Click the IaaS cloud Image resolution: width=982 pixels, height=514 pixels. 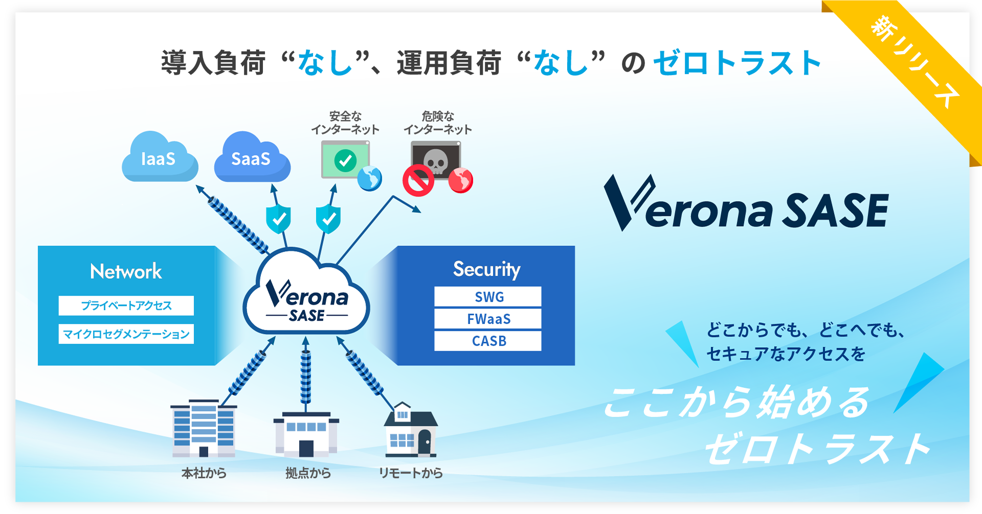(x=159, y=158)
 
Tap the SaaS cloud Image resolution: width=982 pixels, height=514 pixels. (x=251, y=158)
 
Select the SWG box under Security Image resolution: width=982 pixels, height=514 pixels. (x=488, y=297)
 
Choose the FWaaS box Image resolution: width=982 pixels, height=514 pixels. (x=488, y=319)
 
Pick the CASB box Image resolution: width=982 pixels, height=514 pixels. (x=488, y=341)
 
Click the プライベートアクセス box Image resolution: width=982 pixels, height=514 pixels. (x=126, y=305)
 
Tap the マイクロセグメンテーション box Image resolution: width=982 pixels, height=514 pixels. (x=126, y=334)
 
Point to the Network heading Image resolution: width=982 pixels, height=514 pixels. (x=126, y=271)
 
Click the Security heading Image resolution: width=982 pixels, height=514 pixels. (x=486, y=269)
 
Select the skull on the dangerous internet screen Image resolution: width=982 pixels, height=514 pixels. (x=436, y=160)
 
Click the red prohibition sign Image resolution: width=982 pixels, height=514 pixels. (x=418, y=180)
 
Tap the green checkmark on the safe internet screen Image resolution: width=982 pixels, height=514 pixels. (x=345, y=160)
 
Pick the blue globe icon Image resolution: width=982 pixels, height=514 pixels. (x=370, y=179)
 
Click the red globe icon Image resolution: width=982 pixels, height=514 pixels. (x=460, y=180)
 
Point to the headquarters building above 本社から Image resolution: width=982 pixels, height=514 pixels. (x=204, y=429)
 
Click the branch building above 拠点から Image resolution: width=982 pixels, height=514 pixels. (x=306, y=434)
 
